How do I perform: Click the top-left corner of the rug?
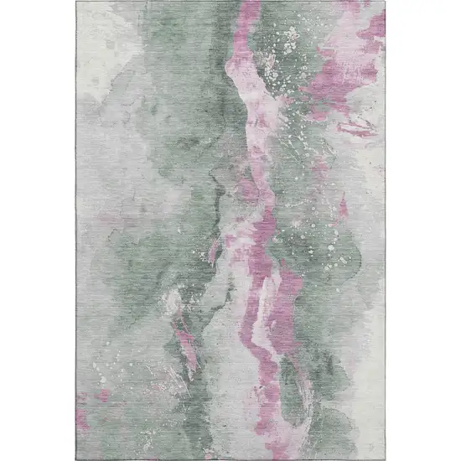(77, 3)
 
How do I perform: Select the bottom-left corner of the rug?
(77, 458)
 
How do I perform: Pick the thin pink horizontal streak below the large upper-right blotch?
(355, 127)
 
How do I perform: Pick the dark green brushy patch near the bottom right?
(352, 402)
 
